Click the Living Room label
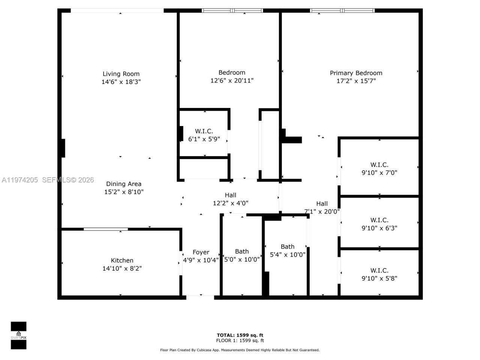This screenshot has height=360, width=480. pos(121,74)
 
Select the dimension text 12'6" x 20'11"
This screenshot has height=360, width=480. pos(232,81)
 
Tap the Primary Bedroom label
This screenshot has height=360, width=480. pos(356,73)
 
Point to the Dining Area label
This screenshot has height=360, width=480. pos(124,184)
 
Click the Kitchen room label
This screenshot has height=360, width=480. pos(122,260)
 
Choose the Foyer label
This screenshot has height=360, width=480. pos(201,252)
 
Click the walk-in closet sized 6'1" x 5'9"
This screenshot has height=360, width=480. pos(204,135)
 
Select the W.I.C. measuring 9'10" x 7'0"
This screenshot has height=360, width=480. pos(379,169)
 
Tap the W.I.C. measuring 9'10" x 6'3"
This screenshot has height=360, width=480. pos(379,224)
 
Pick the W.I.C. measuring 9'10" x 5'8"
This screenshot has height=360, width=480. pos(379,274)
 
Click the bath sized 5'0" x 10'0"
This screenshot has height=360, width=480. pos(242,255)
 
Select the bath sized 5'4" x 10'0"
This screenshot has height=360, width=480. pos(288,250)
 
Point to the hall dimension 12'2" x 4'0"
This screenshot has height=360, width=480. pos(231,203)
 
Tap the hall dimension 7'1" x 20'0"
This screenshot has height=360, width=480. pos(322,211)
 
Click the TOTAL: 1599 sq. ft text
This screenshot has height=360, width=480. pos(240,335)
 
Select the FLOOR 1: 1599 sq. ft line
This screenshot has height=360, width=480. pos(240,341)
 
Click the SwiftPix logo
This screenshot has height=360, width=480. pos(18,335)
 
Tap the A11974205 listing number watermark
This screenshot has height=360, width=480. pos(19,180)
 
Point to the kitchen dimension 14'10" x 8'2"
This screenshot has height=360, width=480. pos(122,268)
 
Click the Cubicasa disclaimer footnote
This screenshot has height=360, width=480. pos(240,350)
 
